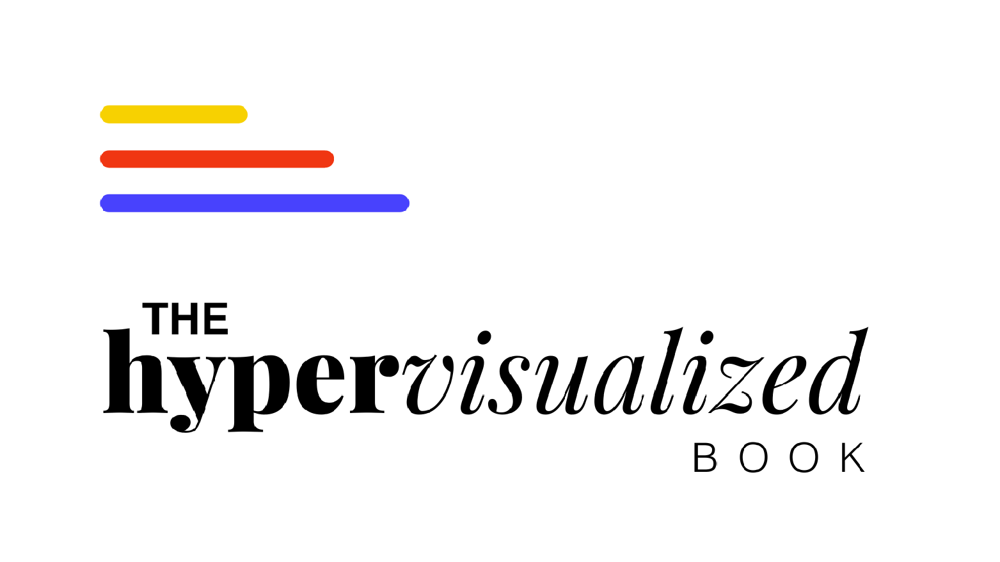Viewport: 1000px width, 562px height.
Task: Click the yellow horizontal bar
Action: [173, 114]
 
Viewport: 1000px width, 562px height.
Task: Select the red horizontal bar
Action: [217, 159]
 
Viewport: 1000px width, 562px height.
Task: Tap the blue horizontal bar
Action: [255, 203]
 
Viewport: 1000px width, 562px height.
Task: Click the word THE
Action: [186, 319]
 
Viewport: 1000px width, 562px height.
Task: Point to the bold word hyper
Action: [250, 380]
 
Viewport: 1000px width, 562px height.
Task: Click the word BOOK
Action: [779, 458]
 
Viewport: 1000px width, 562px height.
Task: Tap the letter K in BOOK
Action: [853, 458]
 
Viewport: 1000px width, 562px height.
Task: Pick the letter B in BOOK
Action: [704, 458]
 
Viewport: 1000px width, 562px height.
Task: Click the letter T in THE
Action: [155, 319]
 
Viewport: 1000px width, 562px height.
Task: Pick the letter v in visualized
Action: [429, 384]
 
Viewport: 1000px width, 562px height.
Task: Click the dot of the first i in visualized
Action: [484, 338]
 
